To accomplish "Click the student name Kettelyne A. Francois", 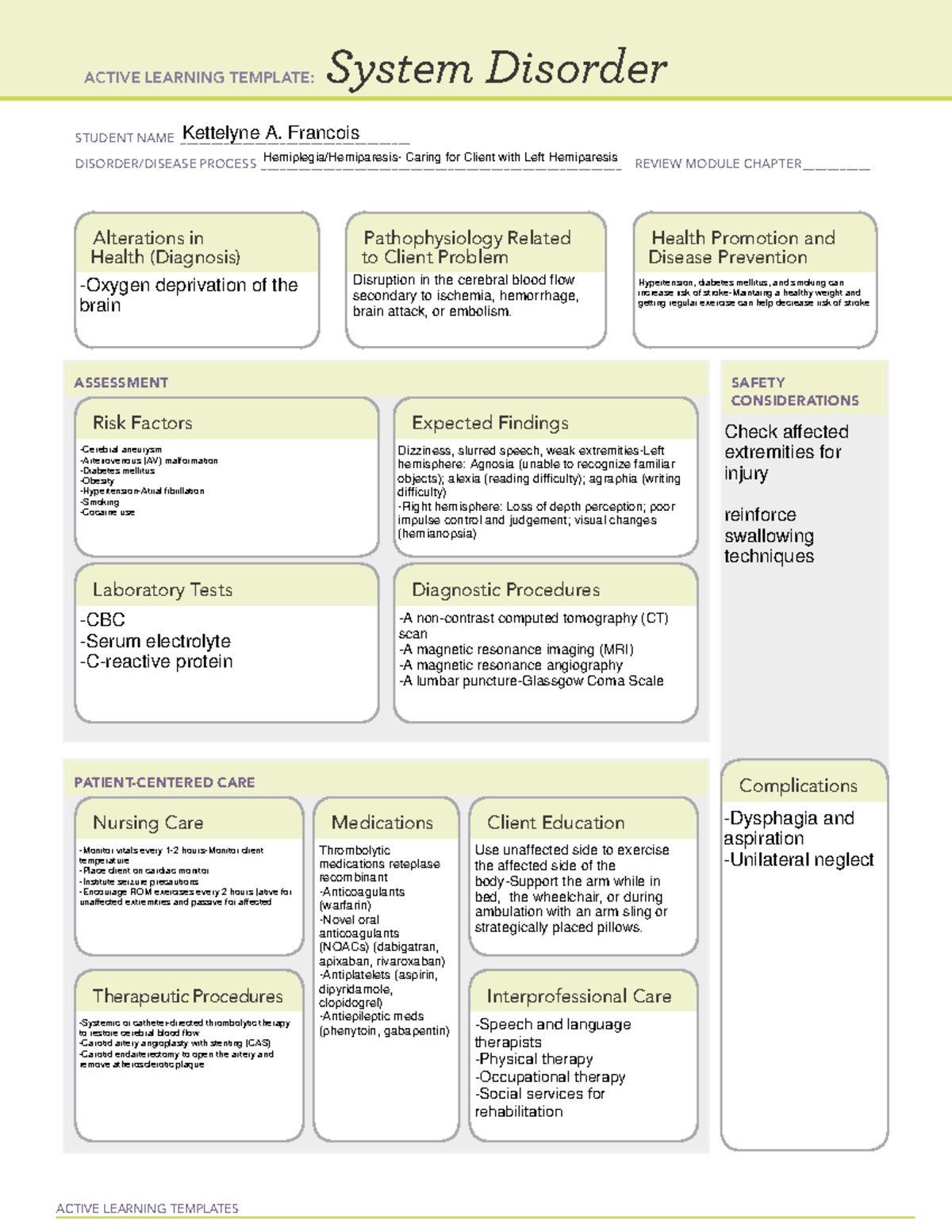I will click(x=271, y=133).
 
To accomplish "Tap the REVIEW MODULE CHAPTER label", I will click(x=718, y=163).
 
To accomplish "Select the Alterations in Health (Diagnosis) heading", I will click(x=166, y=248).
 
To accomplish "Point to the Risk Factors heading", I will click(x=142, y=423).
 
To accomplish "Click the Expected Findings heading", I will click(x=489, y=423).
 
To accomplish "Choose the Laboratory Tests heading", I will click(x=162, y=589).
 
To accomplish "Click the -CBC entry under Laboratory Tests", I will click(x=102, y=620).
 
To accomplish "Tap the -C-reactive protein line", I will click(x=156, y=662).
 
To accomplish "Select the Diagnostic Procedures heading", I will click(x=505, y=589).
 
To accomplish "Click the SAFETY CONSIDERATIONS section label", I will click(x=794, y=391).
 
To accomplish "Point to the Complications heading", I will click(x=798, y=785).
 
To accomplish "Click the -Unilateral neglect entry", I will click(x=798, y=860).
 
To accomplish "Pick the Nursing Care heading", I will click(x=148, y=823).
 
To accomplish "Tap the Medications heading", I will click(x=382, y=823).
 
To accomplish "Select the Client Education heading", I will click(x=555, y=823).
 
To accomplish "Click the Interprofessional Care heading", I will click(x=578, y=996).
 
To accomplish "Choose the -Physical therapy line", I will click(x=534, y=1059).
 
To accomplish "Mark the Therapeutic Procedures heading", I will click(x=187, y=996).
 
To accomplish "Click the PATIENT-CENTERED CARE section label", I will click(x=164, y=782).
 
